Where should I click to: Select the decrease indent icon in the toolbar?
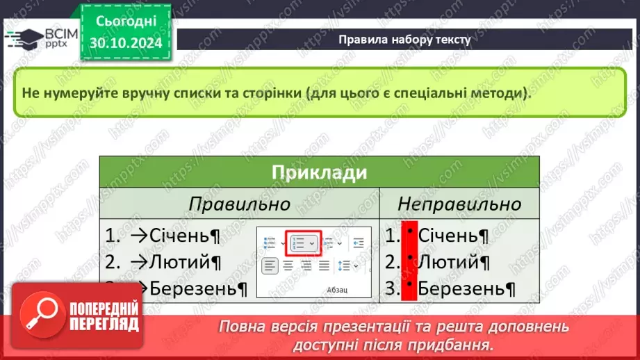pyautogui.click(x=359, y=243)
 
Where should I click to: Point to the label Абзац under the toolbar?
pyautogui.click(x=336, y=289)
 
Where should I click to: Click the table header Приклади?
pyautogui.click(x=319, y=172)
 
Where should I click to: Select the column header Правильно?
pyautogui.click(x=239, y=204)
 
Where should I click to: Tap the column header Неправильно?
pyautogui.click(x=459, y=204)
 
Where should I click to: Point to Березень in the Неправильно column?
pyautogui.click(x=466, y=288)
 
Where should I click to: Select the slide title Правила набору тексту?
pyautogui.click(x=404, y=40)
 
